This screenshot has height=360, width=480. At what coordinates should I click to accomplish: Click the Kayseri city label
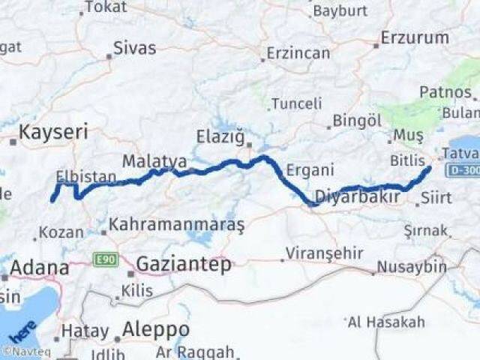click(52, 132)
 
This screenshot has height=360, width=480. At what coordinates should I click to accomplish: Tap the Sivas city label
click(134, 49)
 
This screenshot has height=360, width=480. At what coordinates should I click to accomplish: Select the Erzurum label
click(415, 37)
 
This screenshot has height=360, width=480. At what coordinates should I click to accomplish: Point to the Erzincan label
click(298, 53)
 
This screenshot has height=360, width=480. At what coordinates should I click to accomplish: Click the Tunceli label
click(296, 103)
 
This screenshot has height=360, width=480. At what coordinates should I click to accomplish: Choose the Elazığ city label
click(220, 137)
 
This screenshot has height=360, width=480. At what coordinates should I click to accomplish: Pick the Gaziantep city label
click(183, 263)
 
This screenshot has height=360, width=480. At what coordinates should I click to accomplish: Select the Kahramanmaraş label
click(177, 224)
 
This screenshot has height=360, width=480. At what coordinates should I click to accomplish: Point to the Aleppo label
click(155, 329)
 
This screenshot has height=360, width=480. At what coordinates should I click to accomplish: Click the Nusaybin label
click(410, 267)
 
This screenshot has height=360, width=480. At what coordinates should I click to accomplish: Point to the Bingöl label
click(357, 120)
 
